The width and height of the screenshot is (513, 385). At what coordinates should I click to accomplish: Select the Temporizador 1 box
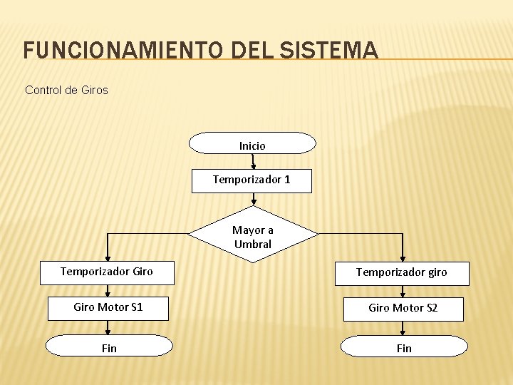pyautogui.click(x=252, y=180)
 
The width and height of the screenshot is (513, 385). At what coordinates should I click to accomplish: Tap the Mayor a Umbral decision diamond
pyautogui.click(x=253, y=236)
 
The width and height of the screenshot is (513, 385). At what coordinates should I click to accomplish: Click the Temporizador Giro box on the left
pyautogui.click(x=107, y=272)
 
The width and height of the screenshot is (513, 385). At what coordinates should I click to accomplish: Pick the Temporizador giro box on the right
pyautogui.click(x=402, y=272)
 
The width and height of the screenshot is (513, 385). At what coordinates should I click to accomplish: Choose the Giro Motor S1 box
pyautogui.click(x=108, y=308)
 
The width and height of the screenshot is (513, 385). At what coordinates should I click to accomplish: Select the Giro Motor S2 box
pyautogui.click(x=403, y=309)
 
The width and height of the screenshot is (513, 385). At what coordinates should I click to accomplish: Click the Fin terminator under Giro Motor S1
pyautogui.click(x=109, y=347)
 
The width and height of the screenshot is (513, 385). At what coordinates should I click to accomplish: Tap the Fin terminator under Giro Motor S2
pyautogui.click(x=404, y=347)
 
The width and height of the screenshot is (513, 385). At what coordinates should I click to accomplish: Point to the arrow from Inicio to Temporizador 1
pyautogui.click(x=253, y=161)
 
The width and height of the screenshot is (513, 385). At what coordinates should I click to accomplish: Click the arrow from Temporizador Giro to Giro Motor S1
pyautogui.click(x=108, y=289)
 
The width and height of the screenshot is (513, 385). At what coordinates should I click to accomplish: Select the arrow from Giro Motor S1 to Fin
pyautogui.click(x=108, y=328)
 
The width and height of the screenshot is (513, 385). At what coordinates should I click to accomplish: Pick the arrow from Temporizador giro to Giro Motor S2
pyautogui.click(x=403, y=291)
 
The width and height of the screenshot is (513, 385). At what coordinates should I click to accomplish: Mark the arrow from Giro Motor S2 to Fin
pyautogui.click(x=403, y=328)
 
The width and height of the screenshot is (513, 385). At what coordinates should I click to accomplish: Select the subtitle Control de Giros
pyautogui.click(x=66, y=91)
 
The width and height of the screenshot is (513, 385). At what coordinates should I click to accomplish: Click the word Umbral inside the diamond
pyautogui.click(x=253, y=244)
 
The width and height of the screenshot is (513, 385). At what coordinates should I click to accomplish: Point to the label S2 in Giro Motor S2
pyautogui.click(x=431, y=308)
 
